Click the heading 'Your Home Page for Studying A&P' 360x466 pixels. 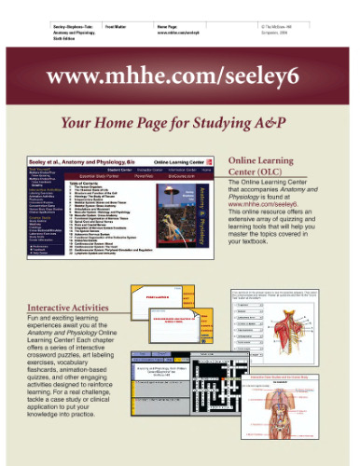(x=180, y=122)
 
